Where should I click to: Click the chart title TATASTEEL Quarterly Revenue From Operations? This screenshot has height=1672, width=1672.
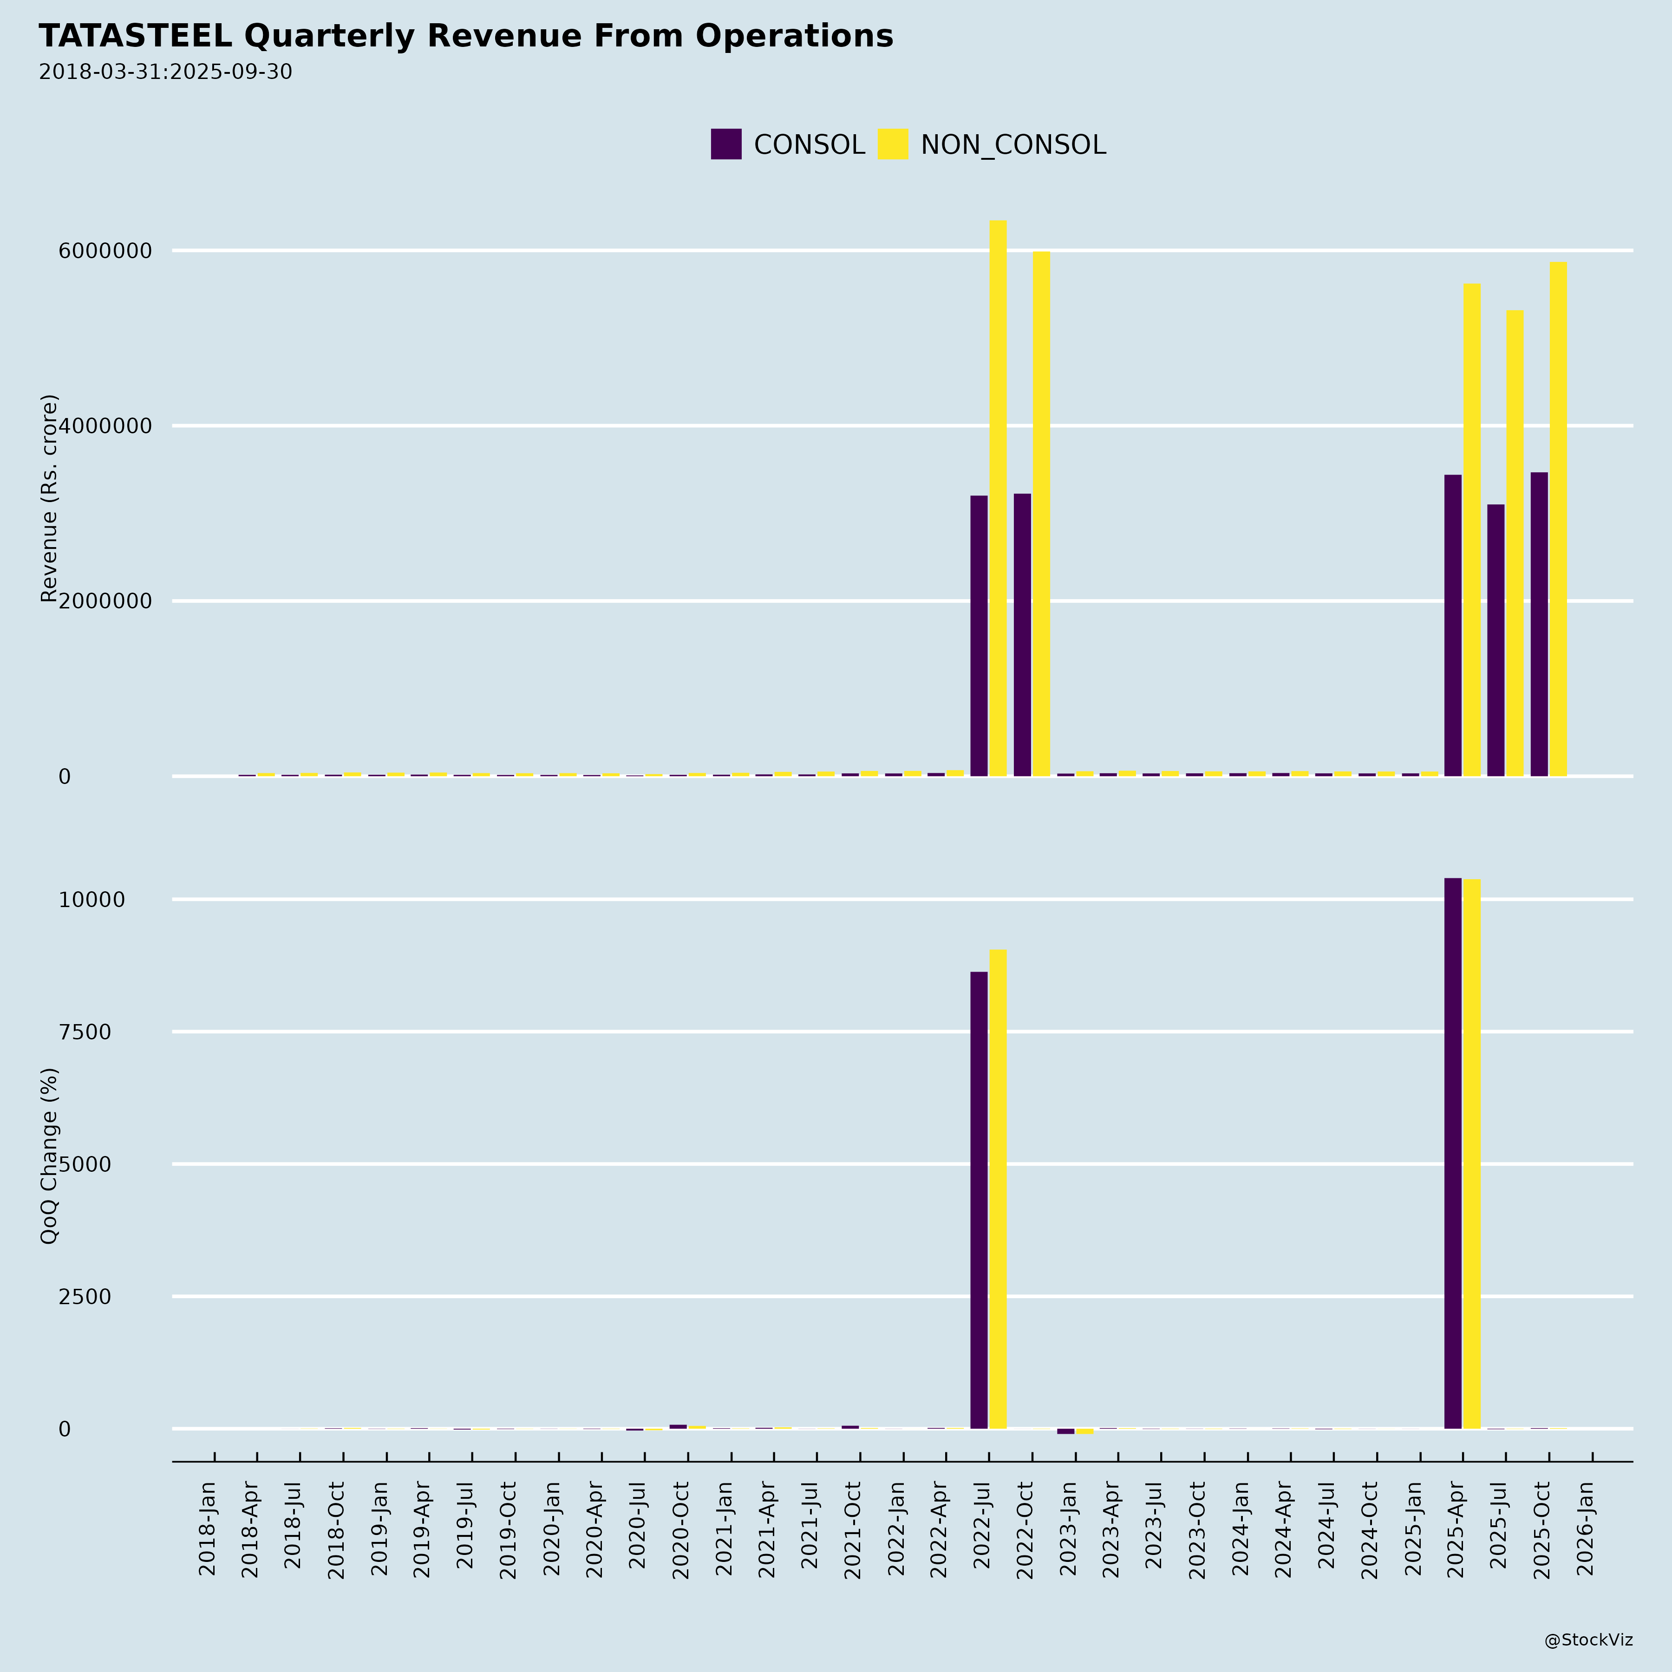465,36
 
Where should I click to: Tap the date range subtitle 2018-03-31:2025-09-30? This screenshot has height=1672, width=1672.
165,72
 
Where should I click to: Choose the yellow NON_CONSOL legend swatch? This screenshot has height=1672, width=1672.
892,144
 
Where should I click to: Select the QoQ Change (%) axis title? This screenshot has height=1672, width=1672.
49,1156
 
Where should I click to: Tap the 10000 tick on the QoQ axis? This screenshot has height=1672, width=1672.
92,900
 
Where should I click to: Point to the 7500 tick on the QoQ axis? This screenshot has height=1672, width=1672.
85,1032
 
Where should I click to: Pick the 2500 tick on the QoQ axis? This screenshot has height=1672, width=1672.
85,1296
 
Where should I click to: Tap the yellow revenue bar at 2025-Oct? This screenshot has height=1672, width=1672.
1558,519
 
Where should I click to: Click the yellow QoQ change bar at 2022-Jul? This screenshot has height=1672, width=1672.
998,1190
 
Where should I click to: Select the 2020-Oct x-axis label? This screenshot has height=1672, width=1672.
680,1530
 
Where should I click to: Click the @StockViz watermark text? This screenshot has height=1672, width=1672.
1588,1640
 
